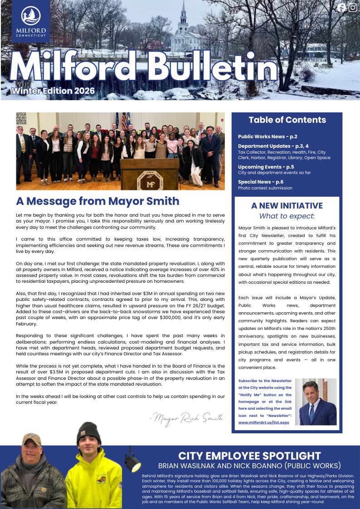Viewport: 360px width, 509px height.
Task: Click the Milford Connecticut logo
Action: pyautogui.click(x=31, y=22)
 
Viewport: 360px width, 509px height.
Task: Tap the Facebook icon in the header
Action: pyautogui.click(x=342, y=7)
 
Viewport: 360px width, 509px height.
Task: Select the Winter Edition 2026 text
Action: pyautogui.click(x=53, y=91)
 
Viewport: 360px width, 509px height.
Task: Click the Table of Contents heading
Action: pyautogui.click(x=287, y=120)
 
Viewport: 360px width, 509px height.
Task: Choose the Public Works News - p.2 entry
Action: pyautogui.click(x=268, y=136)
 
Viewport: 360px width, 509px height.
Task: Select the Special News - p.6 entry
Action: pyautogui.click(x=261, y=182)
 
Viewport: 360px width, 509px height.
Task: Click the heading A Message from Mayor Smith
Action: pyautogui.click(x=97, y=201)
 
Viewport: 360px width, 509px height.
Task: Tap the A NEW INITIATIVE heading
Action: pyautogui.click(x=287, y=206)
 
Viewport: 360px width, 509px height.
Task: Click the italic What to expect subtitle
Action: pyautogui.click(x=287, y=217)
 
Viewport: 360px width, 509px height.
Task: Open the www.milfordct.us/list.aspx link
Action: pyautogui.click(x=264, y=422)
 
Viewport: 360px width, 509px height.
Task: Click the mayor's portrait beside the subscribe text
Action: pyautogui.click(x=316, y=402)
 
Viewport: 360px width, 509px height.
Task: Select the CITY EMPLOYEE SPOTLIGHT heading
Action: pyautogui.click(x=249, y=456)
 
